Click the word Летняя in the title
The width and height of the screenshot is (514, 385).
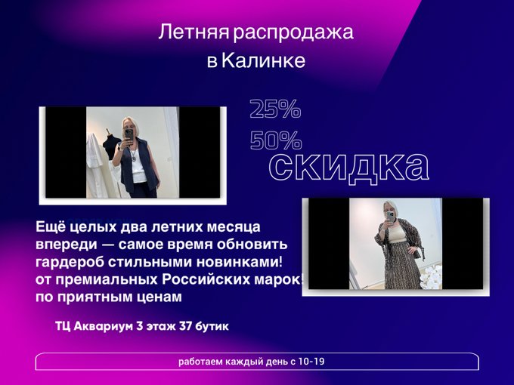click(194, 32)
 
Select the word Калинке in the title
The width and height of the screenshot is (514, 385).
click(264, 60)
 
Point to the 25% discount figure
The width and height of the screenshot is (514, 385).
click(275, 109)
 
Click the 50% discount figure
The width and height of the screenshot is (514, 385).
click(276, 140)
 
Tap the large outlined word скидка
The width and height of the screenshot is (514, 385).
click(348, 167)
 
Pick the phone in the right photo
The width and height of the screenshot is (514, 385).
click(390, 217)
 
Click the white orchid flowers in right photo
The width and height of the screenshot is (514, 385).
click(430, 277)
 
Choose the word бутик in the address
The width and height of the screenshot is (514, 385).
click(212, 326)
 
